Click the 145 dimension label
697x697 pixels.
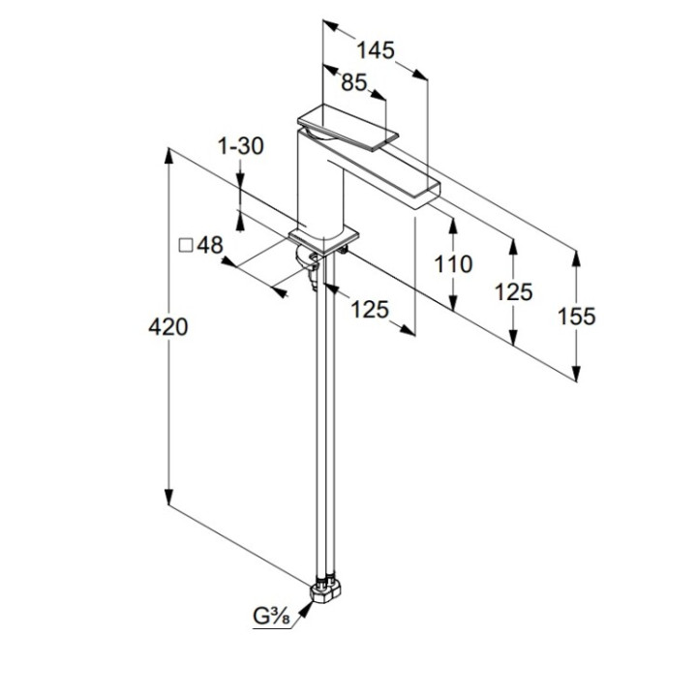point(375,50)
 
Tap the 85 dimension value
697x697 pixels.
point(354,83)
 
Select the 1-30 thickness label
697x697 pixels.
point(241,146)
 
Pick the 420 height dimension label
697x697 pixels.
point(168,327)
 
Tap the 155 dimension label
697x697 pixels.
point(577,316)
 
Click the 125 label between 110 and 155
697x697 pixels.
point(513,290)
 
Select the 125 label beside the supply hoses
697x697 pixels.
point(369,310)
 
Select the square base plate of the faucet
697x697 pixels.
point(324,236)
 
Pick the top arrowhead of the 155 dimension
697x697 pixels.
point(577,258)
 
